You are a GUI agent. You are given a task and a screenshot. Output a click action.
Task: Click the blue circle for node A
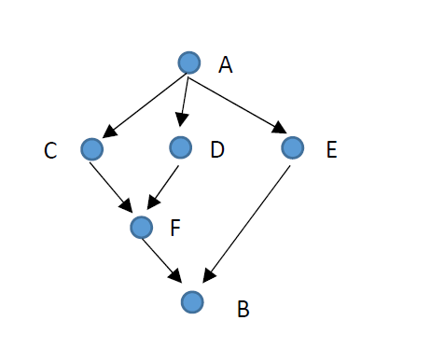click(189, 63)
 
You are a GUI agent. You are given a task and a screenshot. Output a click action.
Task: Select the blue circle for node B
click(191, 301)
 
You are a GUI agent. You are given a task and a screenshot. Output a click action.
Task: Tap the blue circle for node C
click(91, 147)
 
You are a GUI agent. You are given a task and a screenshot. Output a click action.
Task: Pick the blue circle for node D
click(181, 146)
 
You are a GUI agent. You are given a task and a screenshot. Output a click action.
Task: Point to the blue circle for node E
click(292, 146)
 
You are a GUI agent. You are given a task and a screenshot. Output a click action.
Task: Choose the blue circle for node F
click(142, 226)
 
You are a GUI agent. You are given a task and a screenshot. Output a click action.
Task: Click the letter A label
click(225, 65)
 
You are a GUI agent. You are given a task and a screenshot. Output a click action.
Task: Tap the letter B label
click(243, 309)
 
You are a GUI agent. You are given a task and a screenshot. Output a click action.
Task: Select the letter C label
click(50, 150)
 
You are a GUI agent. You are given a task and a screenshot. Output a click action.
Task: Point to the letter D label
click(217, 150)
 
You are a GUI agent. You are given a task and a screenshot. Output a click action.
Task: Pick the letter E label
click(331, 150)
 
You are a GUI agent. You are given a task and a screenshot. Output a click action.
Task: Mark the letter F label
click(177, 227)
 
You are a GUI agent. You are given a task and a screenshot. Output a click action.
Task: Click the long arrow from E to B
click(247, 222)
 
